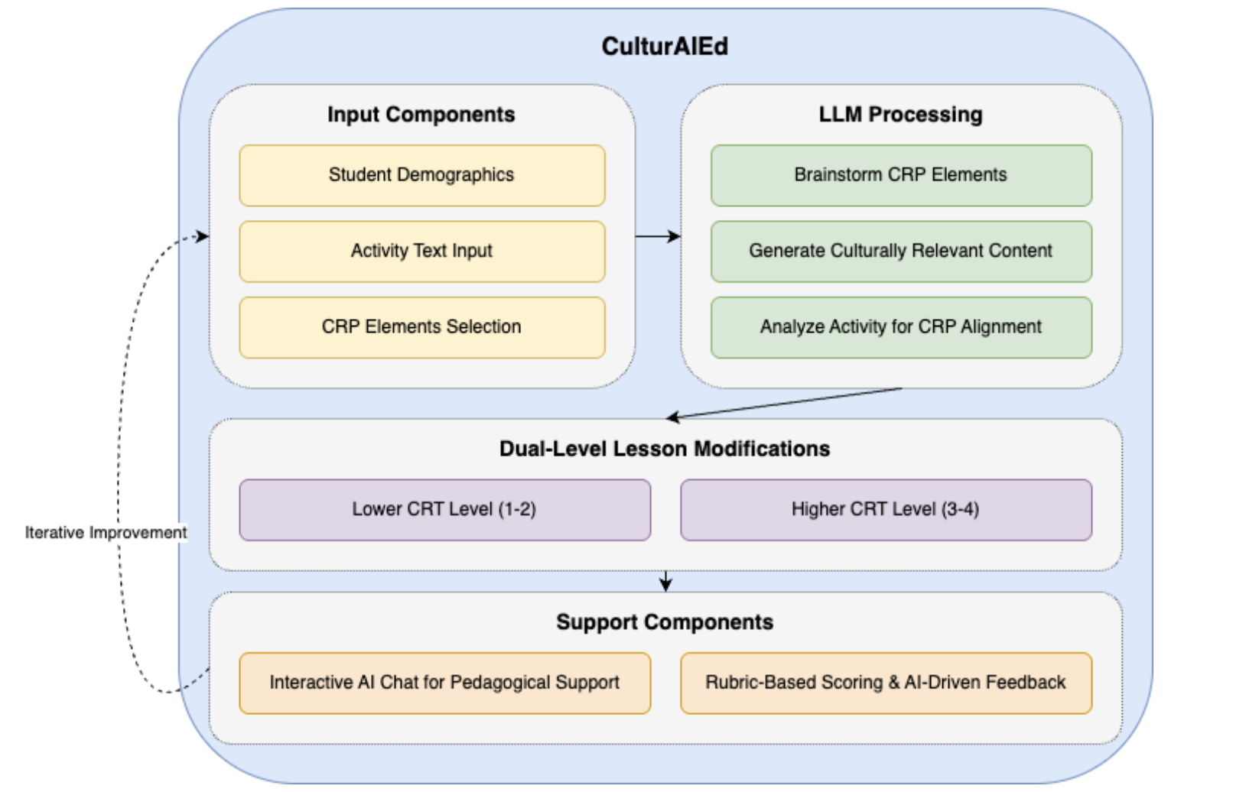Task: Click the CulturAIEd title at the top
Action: (x=664, y=47)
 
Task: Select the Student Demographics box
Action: (x=421, y=175)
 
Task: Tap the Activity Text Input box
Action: (x=421, y=251)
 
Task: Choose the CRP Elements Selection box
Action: (x=421, y=327)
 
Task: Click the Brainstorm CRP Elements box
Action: (x=900, y=175)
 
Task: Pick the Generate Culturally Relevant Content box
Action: (x=900, y=251)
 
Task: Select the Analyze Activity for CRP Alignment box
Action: (x=900, y=327)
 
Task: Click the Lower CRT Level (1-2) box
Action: (x=444, y=509)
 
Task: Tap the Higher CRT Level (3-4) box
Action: (x=885, y=509)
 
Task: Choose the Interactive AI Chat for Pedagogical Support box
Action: (x=444, y=683)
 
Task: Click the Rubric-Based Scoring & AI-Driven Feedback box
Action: (x=885, y=683)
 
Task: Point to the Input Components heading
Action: (x=421, y=115)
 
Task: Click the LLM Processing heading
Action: (x=900, y=115)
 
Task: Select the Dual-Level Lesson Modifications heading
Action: (x=664, y=449)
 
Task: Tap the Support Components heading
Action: (x=664, y=622)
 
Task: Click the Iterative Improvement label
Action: (x=106, y=533)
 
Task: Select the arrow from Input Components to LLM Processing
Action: (x=658, y=236)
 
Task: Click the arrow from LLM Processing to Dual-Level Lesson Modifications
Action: (x=784, y=403)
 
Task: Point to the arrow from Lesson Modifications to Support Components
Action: (x=665, y=581)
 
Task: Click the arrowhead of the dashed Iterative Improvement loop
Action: (x=203, y=236)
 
